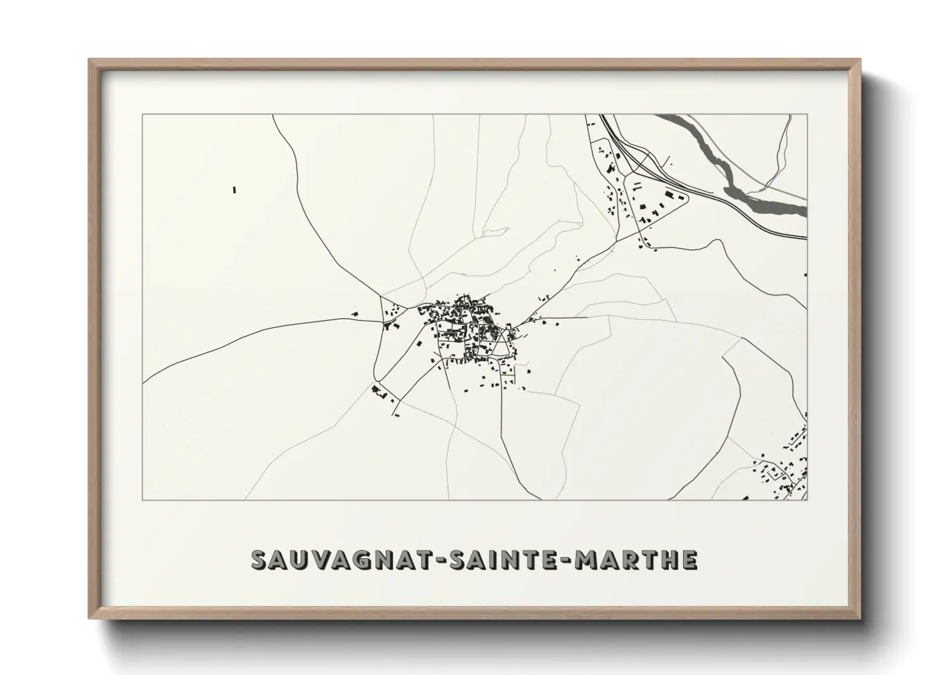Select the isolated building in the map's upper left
click(x=234, y=189)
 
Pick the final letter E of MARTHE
click(x=689, y=560)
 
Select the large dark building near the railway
click(x=669, y=193)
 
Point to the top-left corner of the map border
click(x=143, y=115)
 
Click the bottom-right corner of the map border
click(x=808, y=500)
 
